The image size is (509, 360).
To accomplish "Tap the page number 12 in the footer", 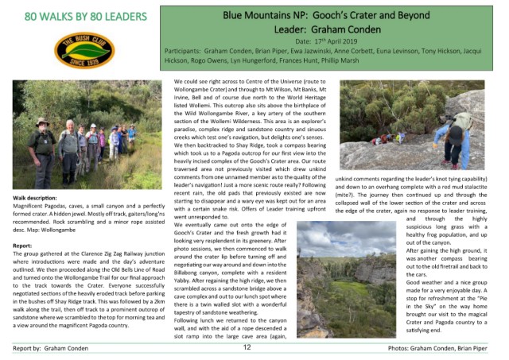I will click(x=247, y=347).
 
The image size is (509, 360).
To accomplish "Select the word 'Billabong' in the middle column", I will click(x=188, y=259).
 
